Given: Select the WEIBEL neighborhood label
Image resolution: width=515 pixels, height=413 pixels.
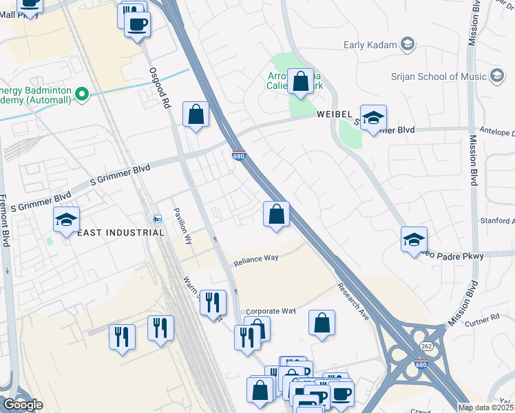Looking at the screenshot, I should [x=335, y=114].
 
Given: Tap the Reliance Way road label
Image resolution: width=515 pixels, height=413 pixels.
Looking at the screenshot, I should [x=255, y=260].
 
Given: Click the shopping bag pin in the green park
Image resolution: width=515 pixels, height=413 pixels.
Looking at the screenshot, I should [x=300, y=81].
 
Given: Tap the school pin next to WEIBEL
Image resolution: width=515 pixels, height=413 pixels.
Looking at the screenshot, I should [x=372, y=118].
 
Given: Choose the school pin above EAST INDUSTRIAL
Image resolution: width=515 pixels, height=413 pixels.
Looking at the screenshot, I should [x=66, y=220].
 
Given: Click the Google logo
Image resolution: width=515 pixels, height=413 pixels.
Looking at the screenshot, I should [x=23, y=405].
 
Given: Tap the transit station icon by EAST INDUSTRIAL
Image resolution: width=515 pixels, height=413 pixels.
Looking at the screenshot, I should [x=158, y=219].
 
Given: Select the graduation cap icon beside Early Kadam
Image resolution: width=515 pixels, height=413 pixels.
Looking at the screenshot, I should [x=408, y=45].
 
